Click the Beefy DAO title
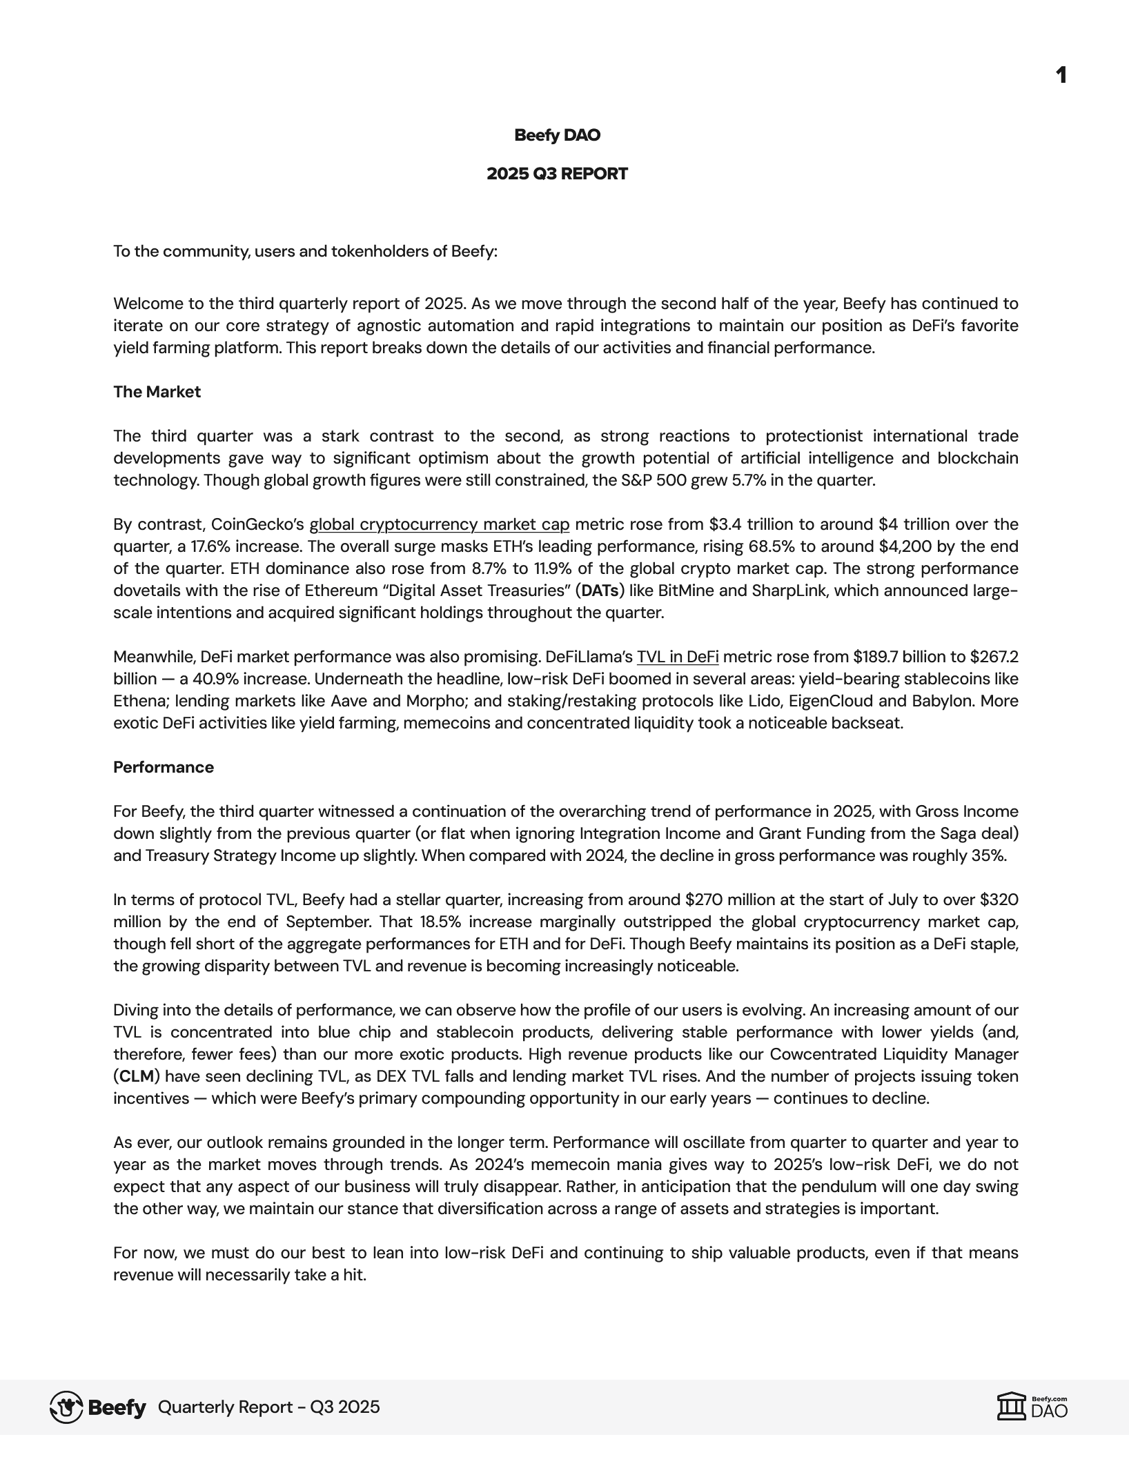[x=557, y=135]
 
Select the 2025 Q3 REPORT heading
[x=557, y=174]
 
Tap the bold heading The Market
[x=157, y=392]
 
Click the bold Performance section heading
[x=164, y=767]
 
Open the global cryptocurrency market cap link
[x=439, y=524]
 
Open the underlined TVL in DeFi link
[x=677, y=657]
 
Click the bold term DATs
[x=600, y=591]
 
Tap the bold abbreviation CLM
[x=137, y=1076]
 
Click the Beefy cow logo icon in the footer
[x=67, y=1407]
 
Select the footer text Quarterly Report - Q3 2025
[x=268, y=1407]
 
